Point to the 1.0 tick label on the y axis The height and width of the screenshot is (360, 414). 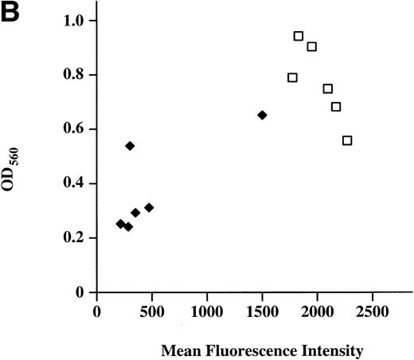click(x=75, y=20)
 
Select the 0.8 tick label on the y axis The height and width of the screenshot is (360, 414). click(x=75, y=75)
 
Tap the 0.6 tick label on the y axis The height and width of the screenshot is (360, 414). click(x=75, y=129)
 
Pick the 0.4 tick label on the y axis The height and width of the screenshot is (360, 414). click(x=75, y=183)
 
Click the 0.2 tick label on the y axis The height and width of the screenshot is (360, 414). click(x=75, y=238)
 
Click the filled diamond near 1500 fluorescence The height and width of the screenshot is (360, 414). click(x=263, y=115)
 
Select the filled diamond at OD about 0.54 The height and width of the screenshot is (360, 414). click(x=130, y=146)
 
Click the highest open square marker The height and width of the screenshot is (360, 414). click(x=299, y=36)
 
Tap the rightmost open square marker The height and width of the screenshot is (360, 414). click(x=347, y=140)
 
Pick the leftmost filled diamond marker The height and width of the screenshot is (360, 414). click(x=120, y=224)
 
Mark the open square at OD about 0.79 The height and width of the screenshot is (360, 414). click(x=292, y=77)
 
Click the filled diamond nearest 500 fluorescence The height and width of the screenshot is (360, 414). click(x=149, y=207)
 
